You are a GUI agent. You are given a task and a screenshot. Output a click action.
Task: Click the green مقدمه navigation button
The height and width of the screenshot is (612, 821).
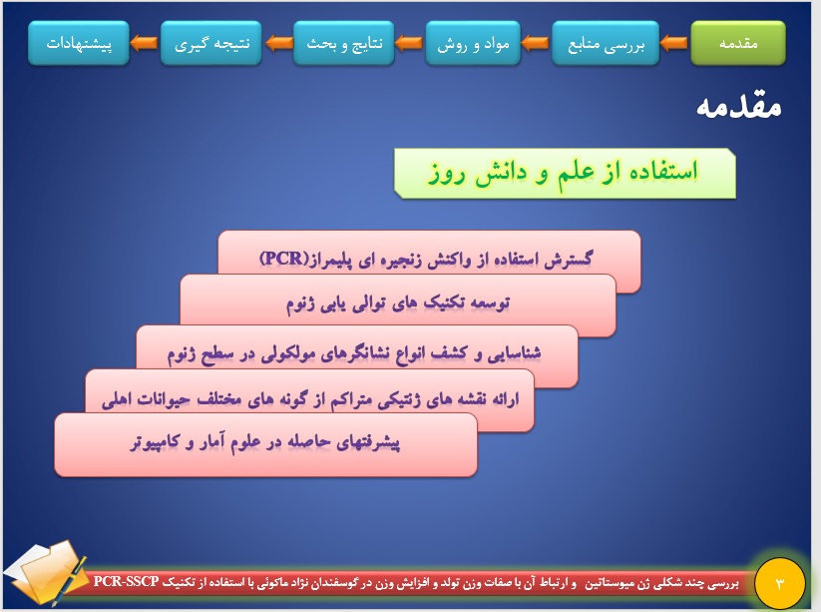[738, 44]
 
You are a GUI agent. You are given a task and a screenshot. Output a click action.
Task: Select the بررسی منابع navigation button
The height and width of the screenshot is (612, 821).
[606, 44]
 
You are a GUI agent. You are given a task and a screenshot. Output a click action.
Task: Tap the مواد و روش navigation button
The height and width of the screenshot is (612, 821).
[473, 44]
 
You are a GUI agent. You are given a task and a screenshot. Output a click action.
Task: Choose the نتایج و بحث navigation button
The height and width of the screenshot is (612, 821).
[343, 44]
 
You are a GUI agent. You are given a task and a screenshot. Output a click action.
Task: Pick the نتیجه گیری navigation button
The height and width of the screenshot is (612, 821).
[211, 44]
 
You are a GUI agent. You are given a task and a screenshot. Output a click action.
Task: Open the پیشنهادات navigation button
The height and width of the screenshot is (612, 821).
[79, 44]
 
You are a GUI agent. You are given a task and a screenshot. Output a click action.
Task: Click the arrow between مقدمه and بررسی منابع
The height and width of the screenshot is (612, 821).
[674, 44]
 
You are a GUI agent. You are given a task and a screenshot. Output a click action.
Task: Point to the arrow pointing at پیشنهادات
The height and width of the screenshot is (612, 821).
[144, 44]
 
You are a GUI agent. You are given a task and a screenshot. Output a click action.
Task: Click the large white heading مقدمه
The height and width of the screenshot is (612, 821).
[739, 107]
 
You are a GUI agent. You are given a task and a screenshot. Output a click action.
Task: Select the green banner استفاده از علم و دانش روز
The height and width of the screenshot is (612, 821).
[565, 174]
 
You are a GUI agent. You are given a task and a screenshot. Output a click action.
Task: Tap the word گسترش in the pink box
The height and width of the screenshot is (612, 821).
[568, 259]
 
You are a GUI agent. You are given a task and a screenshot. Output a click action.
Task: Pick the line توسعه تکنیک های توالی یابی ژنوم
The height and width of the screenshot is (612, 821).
[398, 304]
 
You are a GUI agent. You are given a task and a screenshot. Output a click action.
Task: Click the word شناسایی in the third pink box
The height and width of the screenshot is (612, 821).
[514, 353]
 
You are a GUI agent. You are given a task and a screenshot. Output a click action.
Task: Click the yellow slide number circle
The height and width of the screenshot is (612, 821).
[780, 583]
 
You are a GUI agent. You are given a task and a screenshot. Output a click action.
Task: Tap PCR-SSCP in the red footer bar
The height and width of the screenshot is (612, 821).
[126, 582]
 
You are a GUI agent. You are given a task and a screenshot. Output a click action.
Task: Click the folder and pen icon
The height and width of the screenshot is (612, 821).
[47, 573]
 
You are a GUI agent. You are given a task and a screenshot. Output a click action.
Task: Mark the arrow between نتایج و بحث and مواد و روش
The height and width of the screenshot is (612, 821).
[409, 44]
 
